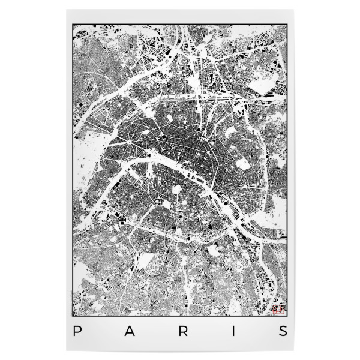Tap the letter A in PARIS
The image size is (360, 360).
127,331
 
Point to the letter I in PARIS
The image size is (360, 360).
232,331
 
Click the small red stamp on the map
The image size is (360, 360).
278,310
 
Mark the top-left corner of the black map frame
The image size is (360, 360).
73,25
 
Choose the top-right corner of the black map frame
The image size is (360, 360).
287,25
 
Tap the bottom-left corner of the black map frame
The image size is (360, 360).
73,316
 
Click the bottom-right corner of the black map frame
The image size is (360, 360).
287,316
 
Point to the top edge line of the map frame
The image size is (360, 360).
180,25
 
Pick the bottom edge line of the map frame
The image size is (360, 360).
180,316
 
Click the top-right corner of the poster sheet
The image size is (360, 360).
301,8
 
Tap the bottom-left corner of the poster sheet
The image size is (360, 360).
59,351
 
